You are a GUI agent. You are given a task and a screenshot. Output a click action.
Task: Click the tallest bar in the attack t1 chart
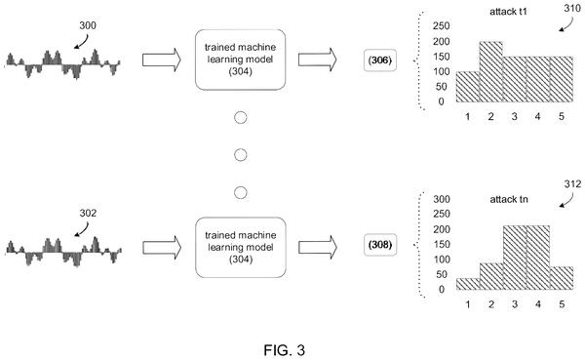click(490, 71)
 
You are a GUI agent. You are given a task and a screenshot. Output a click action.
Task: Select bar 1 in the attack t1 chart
click(467, 87)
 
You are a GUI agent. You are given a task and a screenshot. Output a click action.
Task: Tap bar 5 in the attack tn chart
click(562, 278)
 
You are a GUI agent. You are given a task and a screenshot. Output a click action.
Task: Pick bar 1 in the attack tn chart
click(468, 284)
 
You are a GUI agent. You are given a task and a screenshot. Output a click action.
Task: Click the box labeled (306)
click(380, 60)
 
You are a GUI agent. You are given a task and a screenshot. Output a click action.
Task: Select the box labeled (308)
click(380, 245)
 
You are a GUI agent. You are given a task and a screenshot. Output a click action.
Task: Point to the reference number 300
click(88, 25)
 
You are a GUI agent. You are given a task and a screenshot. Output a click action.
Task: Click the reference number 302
click(88, 213)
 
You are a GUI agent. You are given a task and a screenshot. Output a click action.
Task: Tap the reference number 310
click(572, 8)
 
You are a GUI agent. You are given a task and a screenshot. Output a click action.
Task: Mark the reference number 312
click(572, 183)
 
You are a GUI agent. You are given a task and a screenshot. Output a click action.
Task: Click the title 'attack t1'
click(508, 12)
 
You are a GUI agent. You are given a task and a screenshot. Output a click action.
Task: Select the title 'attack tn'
click(509, 199)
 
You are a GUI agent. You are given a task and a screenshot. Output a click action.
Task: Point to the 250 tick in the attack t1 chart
click(442, 25)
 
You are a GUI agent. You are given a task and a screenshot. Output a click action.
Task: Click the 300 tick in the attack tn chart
click(442, 199)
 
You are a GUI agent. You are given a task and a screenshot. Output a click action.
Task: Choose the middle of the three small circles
click(240, 154)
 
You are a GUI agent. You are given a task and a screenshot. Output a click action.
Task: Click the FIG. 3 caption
click(285, 350)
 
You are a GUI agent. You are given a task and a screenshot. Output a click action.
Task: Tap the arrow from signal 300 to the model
click(162, 60)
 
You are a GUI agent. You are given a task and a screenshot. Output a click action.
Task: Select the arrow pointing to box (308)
click(318, 247)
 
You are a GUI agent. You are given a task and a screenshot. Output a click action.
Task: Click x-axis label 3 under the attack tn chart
click(515, 304)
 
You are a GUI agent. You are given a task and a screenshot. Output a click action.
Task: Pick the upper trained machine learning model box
click(240, 60)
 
